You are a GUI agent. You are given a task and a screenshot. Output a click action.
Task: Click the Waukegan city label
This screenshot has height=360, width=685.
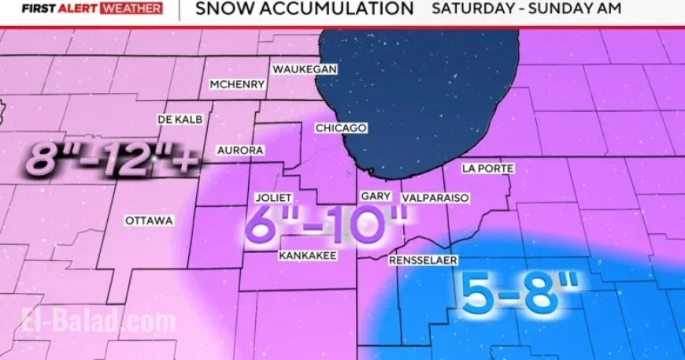[305, 69]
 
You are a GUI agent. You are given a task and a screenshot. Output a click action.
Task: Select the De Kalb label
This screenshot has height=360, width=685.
[180, 119]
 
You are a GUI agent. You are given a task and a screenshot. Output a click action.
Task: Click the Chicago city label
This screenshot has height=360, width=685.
[341, 128]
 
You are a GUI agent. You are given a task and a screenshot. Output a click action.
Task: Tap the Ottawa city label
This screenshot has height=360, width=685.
[149, 221]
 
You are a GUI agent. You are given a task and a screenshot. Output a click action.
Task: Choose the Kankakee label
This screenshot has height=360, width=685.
[308, 256]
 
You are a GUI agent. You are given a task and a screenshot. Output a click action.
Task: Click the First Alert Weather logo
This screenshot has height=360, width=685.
[92, 9]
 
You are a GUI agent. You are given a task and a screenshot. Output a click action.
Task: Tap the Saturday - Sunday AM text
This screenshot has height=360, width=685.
[527, 9]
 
